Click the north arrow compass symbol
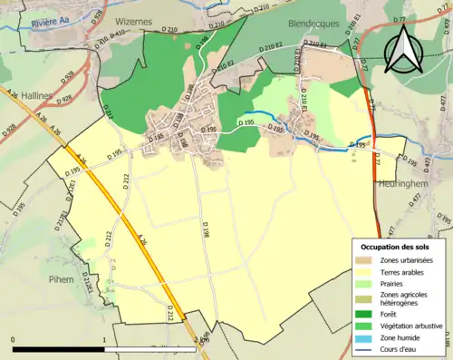[x=402, y=50]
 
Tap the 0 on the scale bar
[x=13, y=339]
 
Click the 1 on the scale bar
[x=104, y=339]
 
